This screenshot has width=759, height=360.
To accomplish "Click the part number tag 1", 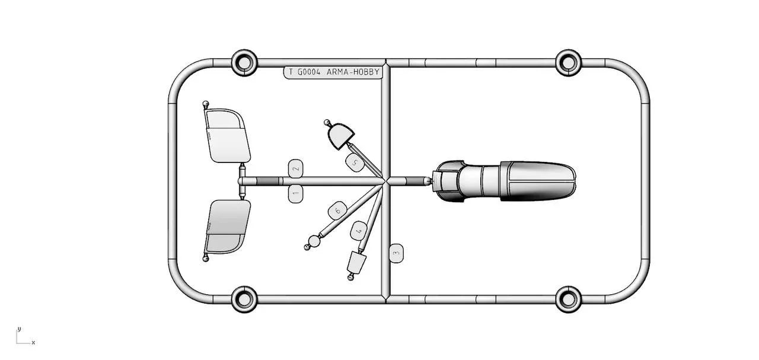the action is coord(295,193).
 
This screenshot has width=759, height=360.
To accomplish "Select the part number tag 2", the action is coord(295,168).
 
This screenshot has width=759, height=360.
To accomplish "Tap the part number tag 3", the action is coord(396,253).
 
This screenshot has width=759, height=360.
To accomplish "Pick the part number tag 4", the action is coord(359,231).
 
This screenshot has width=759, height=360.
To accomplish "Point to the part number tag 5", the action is coord(355,163).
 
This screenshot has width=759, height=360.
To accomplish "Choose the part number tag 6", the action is coord(337,211).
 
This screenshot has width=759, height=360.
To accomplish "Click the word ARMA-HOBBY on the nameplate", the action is coord(352,72).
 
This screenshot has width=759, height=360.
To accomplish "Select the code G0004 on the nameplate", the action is coord(309,72).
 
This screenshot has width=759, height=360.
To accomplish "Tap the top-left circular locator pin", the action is coord(244,63).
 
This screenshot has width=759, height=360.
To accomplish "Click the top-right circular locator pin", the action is coord(569,63).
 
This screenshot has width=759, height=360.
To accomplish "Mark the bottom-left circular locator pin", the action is coord(244,300).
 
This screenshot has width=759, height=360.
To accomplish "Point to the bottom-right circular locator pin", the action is coord(569,300).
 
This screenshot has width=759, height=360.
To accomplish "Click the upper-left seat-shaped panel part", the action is coord(227,136).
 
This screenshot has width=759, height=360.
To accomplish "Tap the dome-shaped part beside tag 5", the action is coord(340,136).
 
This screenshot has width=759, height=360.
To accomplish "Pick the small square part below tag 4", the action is coord(356,262).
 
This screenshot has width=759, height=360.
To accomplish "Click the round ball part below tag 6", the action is coord(314,241).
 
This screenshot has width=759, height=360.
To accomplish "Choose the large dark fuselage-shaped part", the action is coord(504,181).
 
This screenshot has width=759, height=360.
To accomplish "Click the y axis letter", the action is coord(20,329).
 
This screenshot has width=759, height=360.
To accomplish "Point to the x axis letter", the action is coord(33,343).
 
